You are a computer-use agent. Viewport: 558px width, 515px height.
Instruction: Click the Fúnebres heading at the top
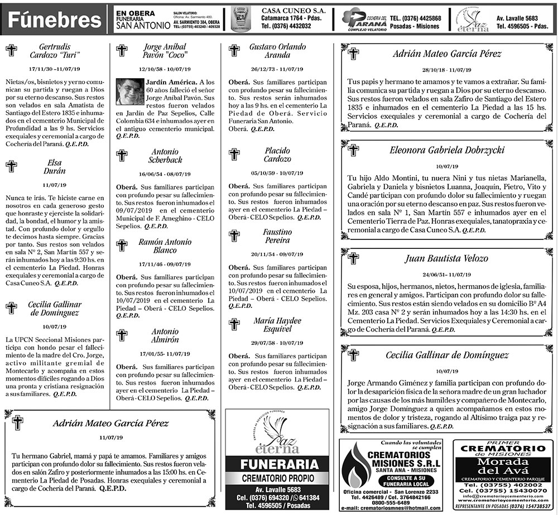tap(54, 20)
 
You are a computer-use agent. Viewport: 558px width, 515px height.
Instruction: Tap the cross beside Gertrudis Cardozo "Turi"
tap(11, 51)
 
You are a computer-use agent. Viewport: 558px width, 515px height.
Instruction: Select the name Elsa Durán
tap(55, 167)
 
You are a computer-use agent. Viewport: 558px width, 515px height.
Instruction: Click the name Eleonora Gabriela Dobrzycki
tap(448, 151)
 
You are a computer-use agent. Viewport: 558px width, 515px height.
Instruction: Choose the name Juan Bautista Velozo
tap(448, 258)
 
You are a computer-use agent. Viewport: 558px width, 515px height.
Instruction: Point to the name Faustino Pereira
tap(277, 236)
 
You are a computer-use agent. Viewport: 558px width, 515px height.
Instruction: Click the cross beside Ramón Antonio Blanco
tap(122, 245)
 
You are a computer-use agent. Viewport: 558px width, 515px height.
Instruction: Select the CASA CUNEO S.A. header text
tap(288, 10)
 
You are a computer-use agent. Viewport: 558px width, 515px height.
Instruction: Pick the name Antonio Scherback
tap(165, 156)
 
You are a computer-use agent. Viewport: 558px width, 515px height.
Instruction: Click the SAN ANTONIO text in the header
tap(142, 26)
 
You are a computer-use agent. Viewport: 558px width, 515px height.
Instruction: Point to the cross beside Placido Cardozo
tap(234, 155)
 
